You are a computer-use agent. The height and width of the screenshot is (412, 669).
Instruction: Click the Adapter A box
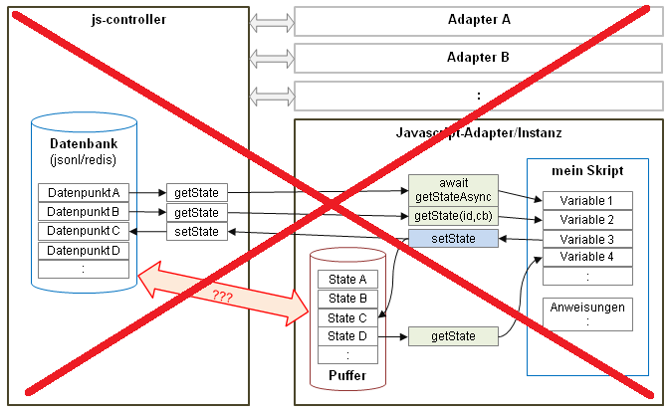(479, 19)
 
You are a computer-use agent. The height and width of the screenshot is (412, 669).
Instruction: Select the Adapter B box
(479, 57)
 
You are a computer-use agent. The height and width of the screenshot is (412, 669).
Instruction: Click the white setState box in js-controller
(196, 232)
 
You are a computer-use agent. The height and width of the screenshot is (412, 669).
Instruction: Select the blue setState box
(453, 239)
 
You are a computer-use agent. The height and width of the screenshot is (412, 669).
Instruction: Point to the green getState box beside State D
(453, 337)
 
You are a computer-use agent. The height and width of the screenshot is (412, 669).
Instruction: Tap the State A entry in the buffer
(347, 280)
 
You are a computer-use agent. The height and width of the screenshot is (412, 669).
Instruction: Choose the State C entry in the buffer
(347, 317)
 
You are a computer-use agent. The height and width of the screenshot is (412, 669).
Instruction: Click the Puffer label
(348, 376)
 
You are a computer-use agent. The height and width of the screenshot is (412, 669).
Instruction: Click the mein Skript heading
(586, 170)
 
